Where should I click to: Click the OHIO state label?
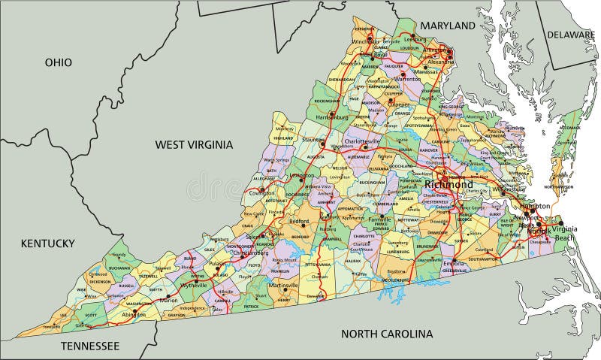(x=58, y=62)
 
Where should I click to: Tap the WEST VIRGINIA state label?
(x=194, y=144)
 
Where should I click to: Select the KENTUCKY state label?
(x=47, y=243)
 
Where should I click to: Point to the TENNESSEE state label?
(x=89, y=346)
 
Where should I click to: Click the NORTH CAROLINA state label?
(x=387, y=334)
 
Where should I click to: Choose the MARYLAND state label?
(x=448, y=26)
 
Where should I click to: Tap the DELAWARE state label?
(x=570, y=35)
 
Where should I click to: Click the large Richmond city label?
(x=448, y=184)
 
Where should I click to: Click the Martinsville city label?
(x=283, y=286)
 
